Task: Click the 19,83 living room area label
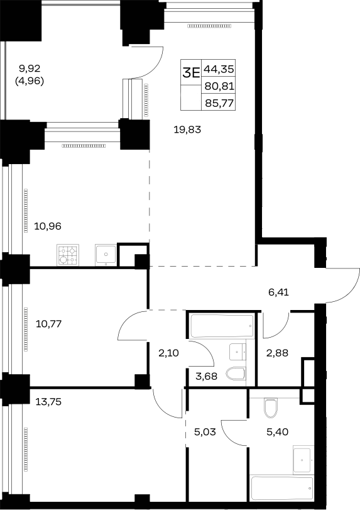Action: pos(187,130)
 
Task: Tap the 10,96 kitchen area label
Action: pos(48,226)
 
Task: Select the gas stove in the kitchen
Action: pos(68,255)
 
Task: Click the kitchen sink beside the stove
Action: pos(106,255)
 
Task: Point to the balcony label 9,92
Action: pos(30,69)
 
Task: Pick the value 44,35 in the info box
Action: pos(219,69)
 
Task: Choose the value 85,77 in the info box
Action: pos(219,103)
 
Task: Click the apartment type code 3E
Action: pos(191,73)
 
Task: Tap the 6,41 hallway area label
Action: pos(278,292)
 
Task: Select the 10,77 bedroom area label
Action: pos(49,324)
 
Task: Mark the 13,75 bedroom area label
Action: pos(48,402)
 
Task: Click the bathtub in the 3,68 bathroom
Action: pos(222,326)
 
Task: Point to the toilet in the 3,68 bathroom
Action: pos(236,374)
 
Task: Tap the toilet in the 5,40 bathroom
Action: pos(270,408)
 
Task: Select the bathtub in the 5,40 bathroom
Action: pos(282,487)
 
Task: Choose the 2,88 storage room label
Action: pos(277,353)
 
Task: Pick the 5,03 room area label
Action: pos(205,432)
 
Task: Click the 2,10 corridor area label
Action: pos(168,353)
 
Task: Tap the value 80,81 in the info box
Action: pos(219,86)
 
